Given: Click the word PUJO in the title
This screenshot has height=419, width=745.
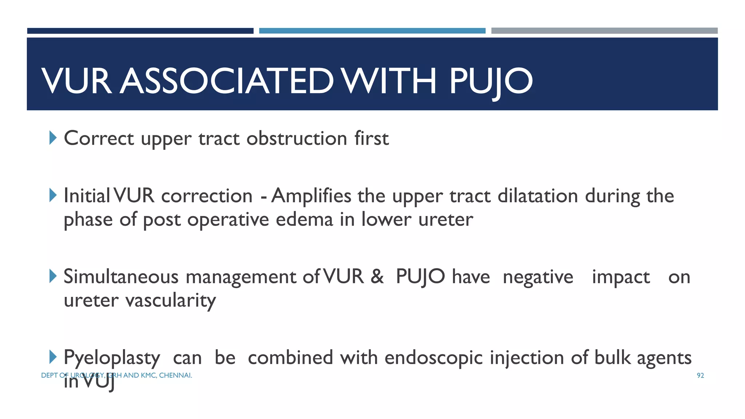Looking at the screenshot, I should [491, 81].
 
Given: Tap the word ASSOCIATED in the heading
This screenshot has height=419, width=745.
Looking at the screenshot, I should [227, 81].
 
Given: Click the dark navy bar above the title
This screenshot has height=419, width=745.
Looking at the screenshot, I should [140, 31].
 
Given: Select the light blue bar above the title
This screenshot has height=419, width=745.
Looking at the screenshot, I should [372, 31].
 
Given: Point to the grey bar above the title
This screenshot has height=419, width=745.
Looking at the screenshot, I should [604, 31].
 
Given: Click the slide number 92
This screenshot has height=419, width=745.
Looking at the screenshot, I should [700, 376].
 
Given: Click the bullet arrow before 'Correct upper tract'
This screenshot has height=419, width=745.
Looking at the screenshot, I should [53, 138].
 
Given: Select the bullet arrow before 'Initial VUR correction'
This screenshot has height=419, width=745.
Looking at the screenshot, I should [53, 195].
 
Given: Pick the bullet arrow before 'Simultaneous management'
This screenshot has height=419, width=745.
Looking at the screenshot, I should [53, 276].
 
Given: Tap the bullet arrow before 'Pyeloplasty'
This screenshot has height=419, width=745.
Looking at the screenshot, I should [53, 357].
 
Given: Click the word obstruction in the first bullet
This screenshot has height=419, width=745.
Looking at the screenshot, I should [297, 139].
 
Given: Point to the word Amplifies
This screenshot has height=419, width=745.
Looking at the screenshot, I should [311, 196].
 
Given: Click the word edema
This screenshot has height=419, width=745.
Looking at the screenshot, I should [304, 220].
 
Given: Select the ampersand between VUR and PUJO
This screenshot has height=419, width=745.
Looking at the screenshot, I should [377, 277].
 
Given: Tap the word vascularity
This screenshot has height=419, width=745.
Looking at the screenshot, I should [171, 301].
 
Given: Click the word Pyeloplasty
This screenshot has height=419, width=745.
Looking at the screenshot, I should [112, 358].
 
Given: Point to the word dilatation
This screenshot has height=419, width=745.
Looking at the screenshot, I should [538, 196].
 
